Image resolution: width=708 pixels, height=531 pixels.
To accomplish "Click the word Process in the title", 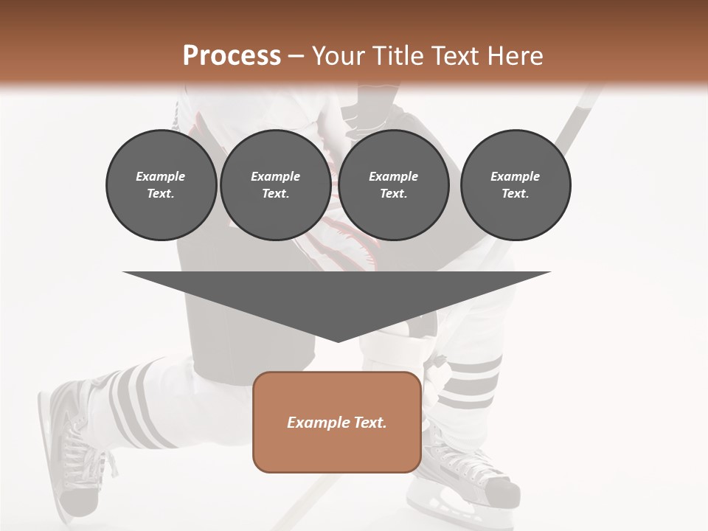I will (232, 55).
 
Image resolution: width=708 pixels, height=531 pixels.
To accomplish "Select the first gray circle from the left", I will (161, 185).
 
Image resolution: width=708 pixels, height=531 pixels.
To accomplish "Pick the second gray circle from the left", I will (275, 185).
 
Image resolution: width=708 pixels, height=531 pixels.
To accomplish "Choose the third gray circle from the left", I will (393, 185).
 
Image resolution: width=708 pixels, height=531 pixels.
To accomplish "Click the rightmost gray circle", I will (516, 185).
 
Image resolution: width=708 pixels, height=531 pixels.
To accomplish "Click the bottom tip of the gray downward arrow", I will (338, 341).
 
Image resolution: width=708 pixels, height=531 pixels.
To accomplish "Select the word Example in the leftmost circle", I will (161, 176).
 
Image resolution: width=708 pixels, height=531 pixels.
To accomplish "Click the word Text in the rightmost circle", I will (516, 194).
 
